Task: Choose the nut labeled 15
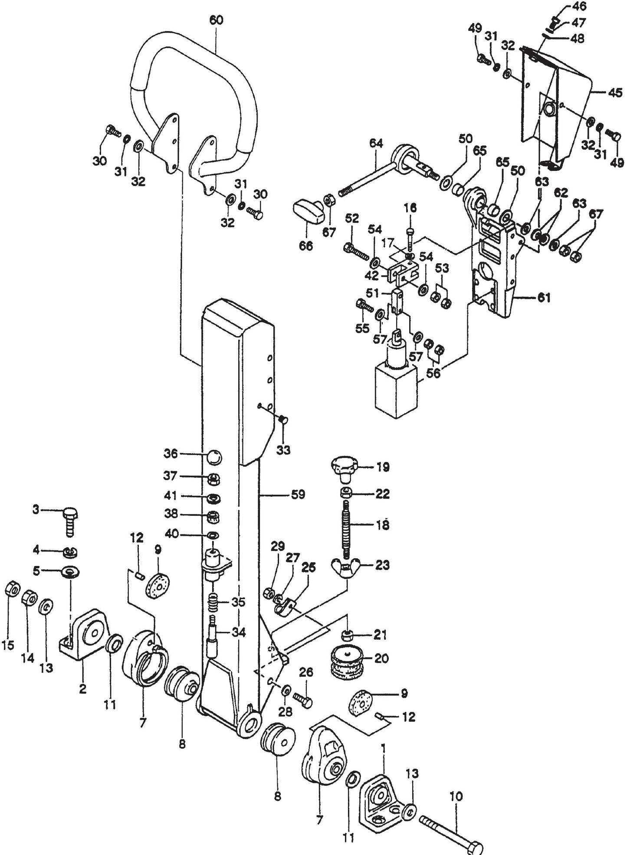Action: (x=12, y=589)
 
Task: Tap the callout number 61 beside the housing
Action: (x=544, y=297)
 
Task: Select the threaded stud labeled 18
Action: (x=346, y=529)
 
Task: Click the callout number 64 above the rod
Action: (x=376, y=143)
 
